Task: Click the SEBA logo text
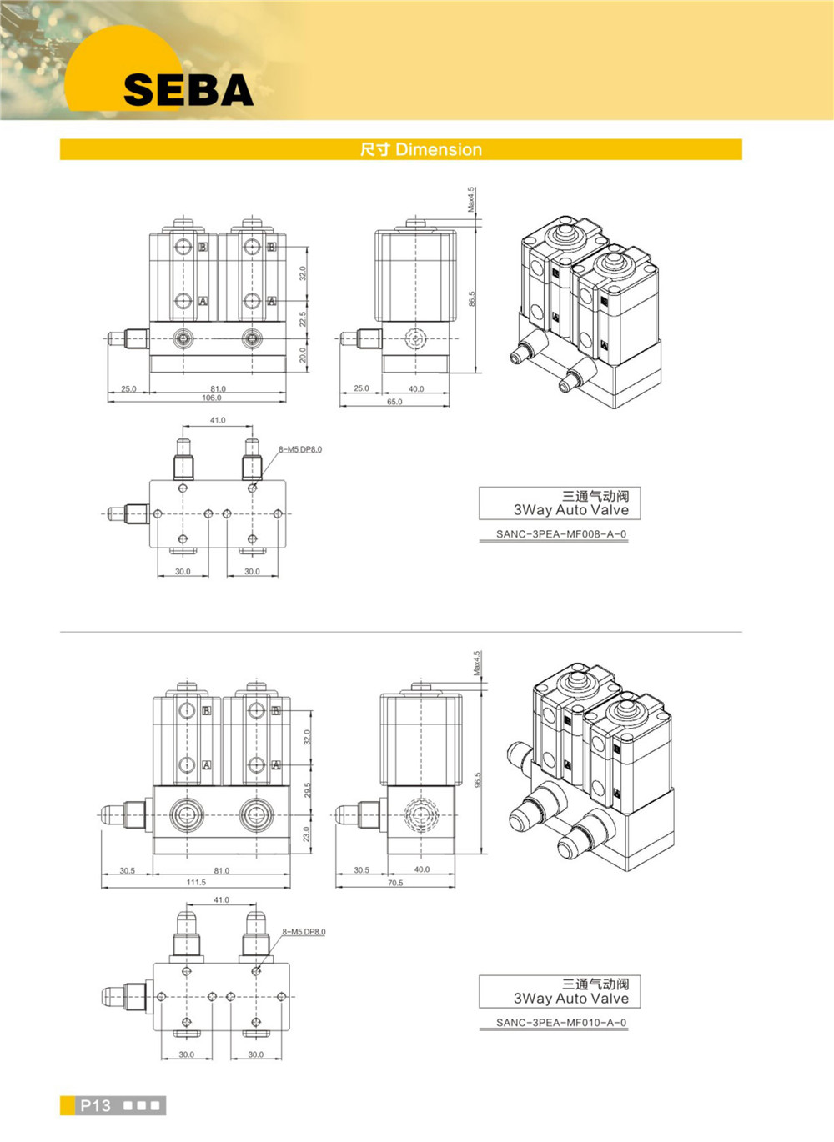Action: pyautogui.click(x=188, y=90)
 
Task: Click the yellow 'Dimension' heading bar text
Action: pyautogui.click(x=421, y=150)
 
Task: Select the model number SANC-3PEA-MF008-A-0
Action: pyautogui.click(x=561, y=534)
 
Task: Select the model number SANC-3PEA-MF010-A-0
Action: pyautogui.click(x=561, y=1023)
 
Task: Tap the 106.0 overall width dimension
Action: pyautogui.click(x=211, y=398)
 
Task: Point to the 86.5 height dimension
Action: pyautogui.click(x=472, y=298)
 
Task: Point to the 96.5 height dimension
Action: pyautogui.click(x=478, y=779)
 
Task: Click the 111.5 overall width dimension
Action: pyautogui.click(x=196, y=882)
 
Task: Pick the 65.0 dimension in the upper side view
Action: pyautogui.click(x=394, y=402)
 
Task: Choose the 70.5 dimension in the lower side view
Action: pyautogui.click(x=395, y=883)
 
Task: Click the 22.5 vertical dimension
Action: pyautogui.click(x=303, y=319)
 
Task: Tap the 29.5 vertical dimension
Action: pyautogui.click(x=308, y=789)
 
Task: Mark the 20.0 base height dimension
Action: pyautogui.click(x=303, y=355)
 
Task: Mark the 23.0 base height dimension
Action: pyautogui.click(x=308, y=834)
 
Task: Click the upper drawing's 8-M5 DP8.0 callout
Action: pyautogui.click(x=300, y=450)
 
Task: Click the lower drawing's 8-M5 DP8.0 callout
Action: pyautogui.click(x=304, y=932)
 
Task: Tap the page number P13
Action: pyautogui.click(x=95, y=1106)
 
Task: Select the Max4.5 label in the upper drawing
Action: pyautogui.click(x=471, y=199)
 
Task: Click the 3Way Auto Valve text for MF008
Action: pyautogui.click(x=571, y=510)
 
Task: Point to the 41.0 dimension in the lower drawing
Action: pyautogui.click(x=221, y=900)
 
